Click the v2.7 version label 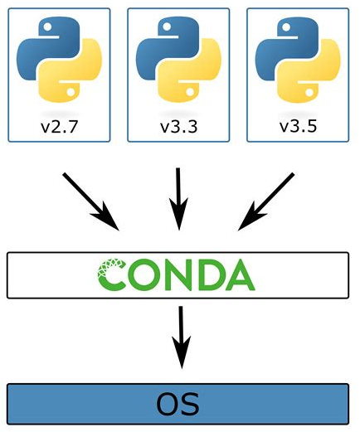59,127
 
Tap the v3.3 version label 178,127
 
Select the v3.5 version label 298,126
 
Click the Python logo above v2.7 59,59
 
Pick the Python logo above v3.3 178,59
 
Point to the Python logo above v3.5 298,59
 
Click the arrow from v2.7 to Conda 91,201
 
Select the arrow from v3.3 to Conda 178,199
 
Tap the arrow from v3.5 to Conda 266,201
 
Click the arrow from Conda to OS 181,337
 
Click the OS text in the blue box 178,404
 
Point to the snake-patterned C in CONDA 111,274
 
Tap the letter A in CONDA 239,274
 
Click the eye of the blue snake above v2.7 47,27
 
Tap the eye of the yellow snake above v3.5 309,92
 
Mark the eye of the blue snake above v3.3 167,27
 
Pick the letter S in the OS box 190,404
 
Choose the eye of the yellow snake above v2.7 71,92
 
